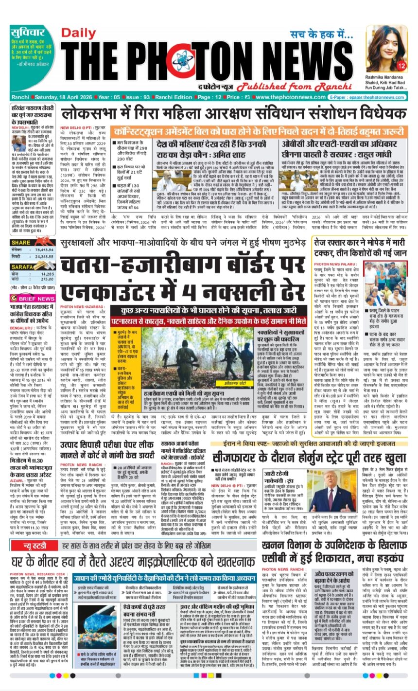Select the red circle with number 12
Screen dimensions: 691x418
pyautogui.click(x=401, y=66)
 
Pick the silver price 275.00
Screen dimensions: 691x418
pyautogui.click(x=47, y=279)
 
